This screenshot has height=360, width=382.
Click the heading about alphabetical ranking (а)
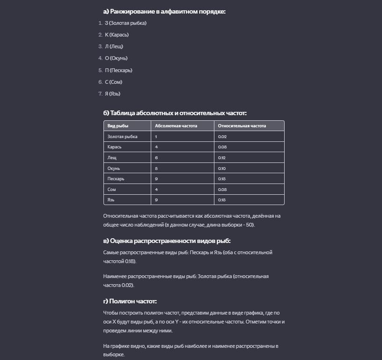pos(164,11)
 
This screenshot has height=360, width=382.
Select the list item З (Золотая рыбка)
pos(125,23)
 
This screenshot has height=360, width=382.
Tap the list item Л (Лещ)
pos(114,46)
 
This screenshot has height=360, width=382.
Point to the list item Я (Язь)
pos(112,94)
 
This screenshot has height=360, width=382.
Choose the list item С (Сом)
pos(113,82)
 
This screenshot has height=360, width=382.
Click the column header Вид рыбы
pos(118,126)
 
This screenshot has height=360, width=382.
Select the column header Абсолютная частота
pos(176,126)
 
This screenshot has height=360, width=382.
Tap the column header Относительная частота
pos(242,126)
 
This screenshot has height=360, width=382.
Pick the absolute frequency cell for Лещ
pos(156,158)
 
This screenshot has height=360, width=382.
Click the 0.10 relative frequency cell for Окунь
pos(222,168)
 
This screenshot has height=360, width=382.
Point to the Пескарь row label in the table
pos(116,179)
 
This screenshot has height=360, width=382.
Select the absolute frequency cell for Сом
pos(156,190)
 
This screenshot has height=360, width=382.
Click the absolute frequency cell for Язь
pos(156,200)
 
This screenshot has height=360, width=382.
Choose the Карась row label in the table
pos(114,147)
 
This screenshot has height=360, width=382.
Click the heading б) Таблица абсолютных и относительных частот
pos(175,113)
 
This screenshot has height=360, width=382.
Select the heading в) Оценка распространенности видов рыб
pos(167,241)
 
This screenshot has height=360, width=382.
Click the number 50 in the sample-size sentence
pos(250,225)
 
